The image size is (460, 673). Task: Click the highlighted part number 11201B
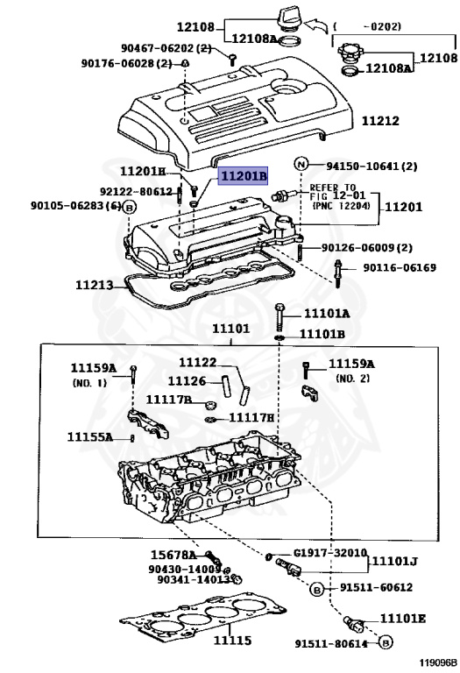click(243, 177)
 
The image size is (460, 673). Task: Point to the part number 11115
click(233, 642)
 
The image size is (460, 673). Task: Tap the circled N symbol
click(301, 165)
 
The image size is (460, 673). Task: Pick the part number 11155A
click(90, 436)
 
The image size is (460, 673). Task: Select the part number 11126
click(187, 381)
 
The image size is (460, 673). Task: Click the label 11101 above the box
click(230, 329)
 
